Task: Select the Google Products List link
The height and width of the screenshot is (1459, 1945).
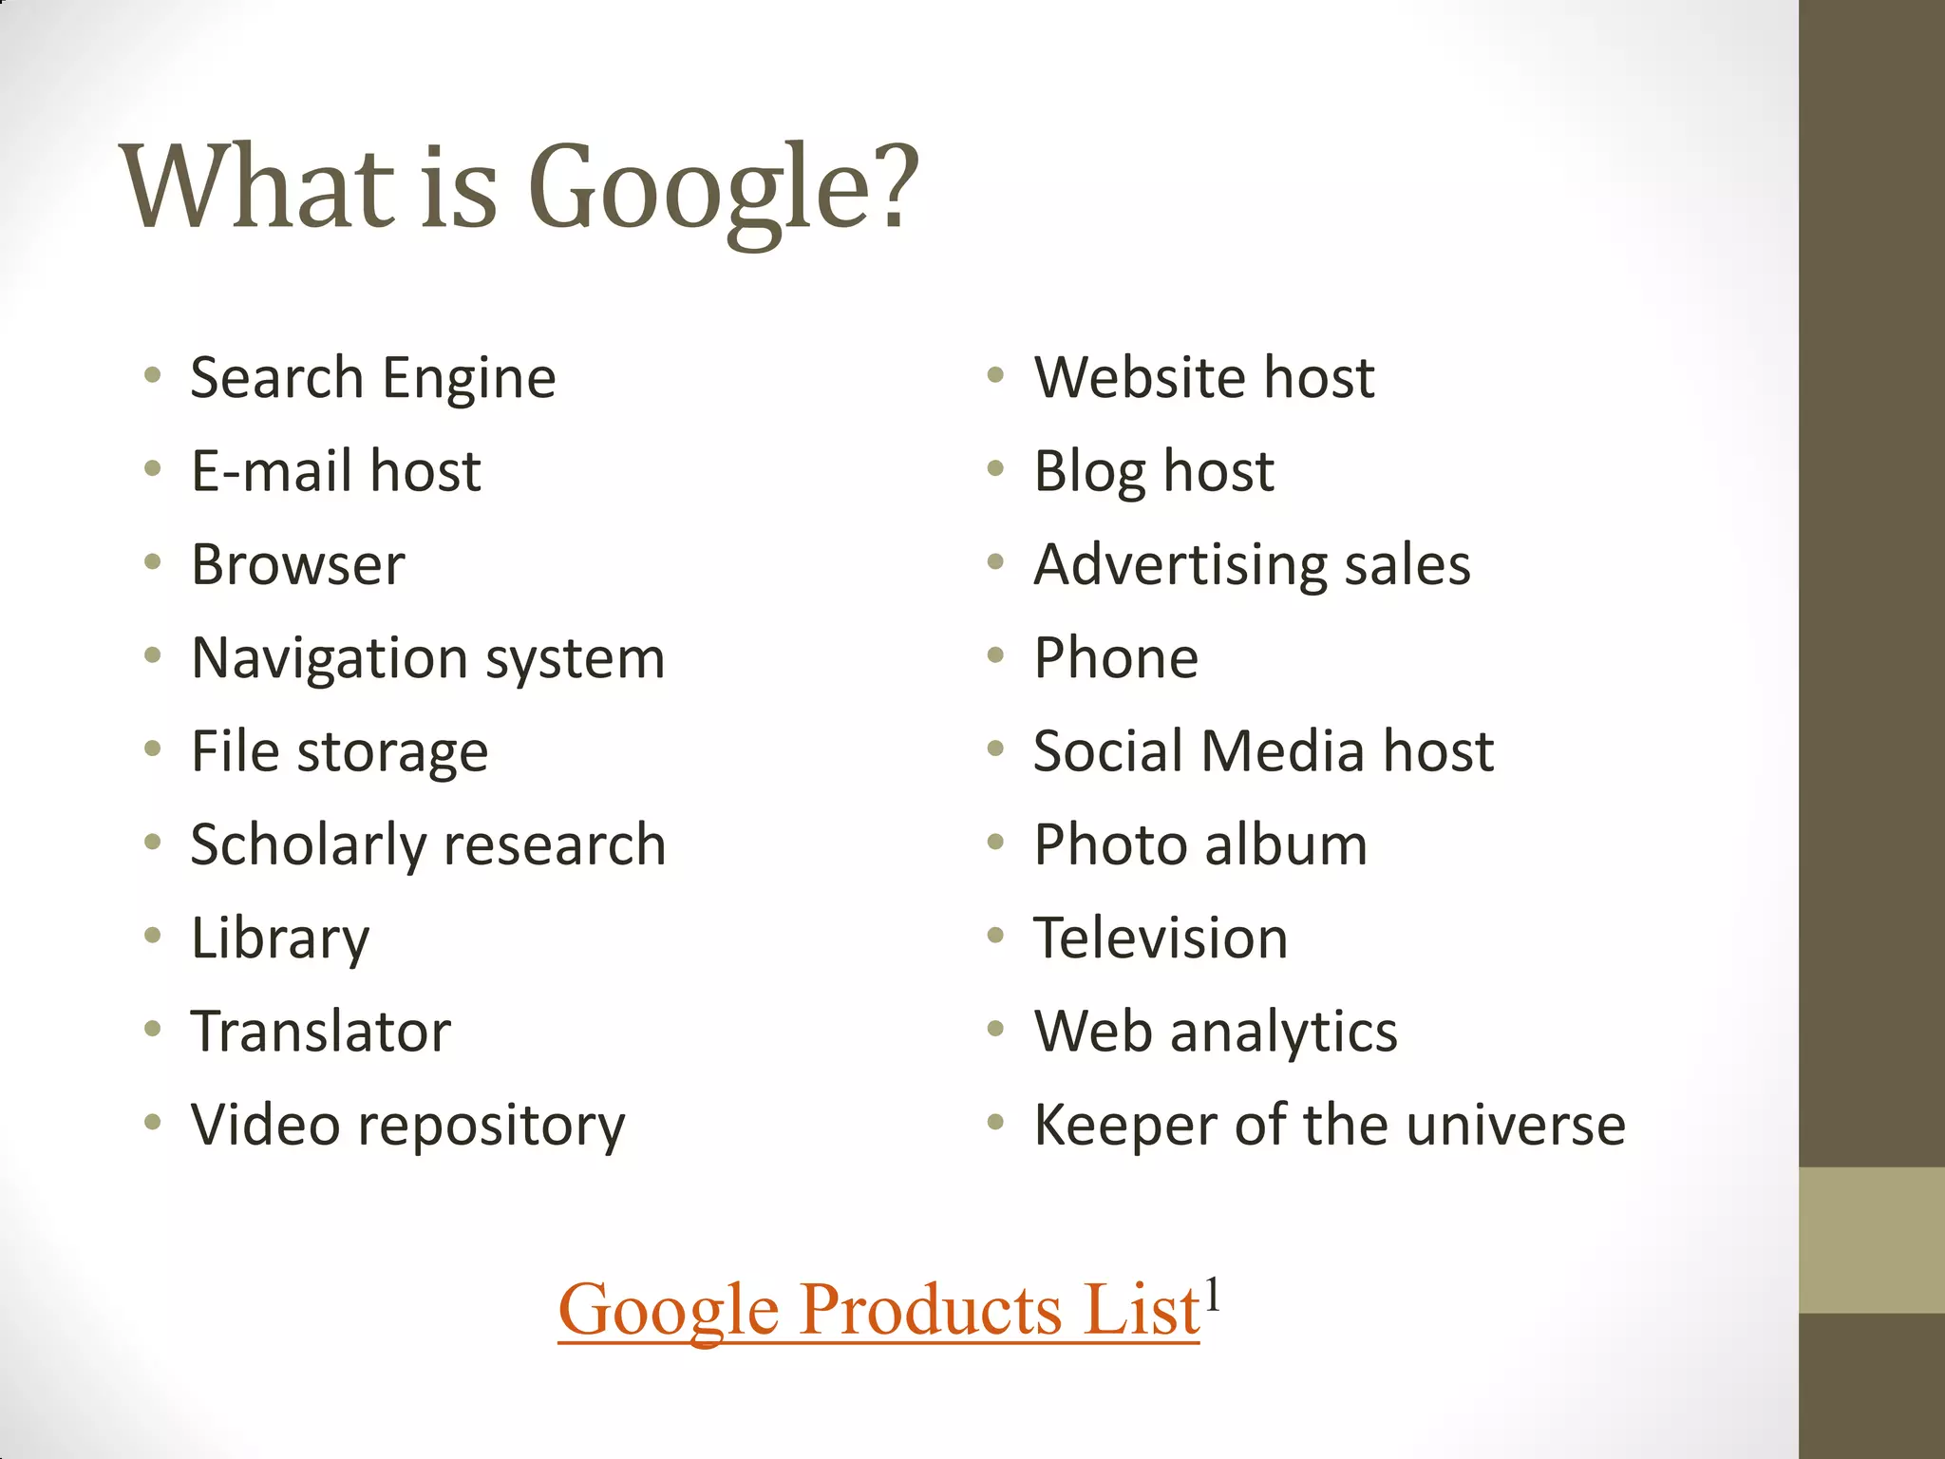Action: click(x=878, y=1310)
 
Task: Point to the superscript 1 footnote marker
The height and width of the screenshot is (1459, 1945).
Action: click(x=1211, y=1294)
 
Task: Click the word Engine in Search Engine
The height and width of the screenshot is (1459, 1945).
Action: click(x=469, y=378)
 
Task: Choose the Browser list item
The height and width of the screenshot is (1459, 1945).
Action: click(x=298, y=565)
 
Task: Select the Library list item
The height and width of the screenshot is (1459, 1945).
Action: click(x=280, y=938)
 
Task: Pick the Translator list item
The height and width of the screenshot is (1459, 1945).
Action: click(x=321, y=1032)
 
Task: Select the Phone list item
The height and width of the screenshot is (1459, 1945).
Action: click(x=1116, y=658)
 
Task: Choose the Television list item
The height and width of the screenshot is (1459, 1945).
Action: click(x=1161, y=938)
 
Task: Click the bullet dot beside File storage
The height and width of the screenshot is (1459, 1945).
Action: click(x=153, y=749)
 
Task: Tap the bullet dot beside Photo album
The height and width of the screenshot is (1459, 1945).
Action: click(x=995, y=843)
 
